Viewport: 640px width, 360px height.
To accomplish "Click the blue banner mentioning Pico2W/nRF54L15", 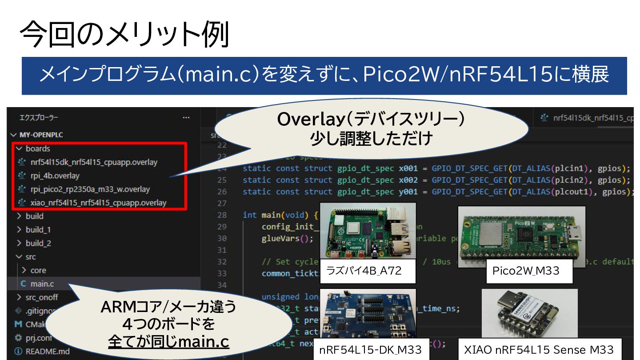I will point(324,76).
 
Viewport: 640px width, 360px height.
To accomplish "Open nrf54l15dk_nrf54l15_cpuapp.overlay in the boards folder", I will point(94,162).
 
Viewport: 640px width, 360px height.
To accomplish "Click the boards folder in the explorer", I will point(38,148).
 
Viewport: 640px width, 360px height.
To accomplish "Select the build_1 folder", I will point(38,230).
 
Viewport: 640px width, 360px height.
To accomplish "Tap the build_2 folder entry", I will point(38,243).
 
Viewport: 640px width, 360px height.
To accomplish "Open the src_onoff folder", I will point(41,297).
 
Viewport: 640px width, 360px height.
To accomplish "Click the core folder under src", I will point(38,270).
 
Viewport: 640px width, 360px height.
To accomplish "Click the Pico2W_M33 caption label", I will point(526,271).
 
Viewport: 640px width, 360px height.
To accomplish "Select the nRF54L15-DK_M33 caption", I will point(370,350).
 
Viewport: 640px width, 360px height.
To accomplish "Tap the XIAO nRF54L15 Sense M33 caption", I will point(539,350).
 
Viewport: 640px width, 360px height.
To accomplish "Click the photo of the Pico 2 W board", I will point(521,236).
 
